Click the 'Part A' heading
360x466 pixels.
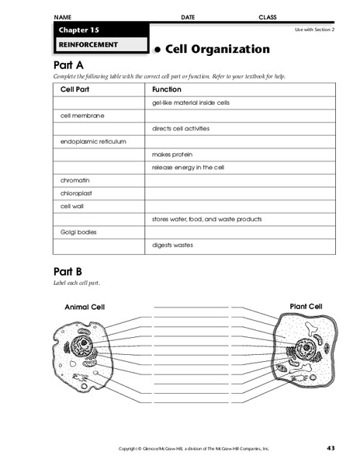point(67,66)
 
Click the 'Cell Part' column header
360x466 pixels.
point(75,89)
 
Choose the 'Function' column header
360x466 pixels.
point(167,89)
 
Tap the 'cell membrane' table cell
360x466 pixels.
point(82,115)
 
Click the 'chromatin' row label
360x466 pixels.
point(74,180)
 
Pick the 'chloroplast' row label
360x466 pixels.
point(76,193)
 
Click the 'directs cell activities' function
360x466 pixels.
point(181,128)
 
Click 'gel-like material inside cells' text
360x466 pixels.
point(190,102)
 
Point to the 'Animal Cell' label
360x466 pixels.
point(85,307)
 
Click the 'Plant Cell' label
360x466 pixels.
point(305,306)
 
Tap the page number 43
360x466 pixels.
point(331,448)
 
